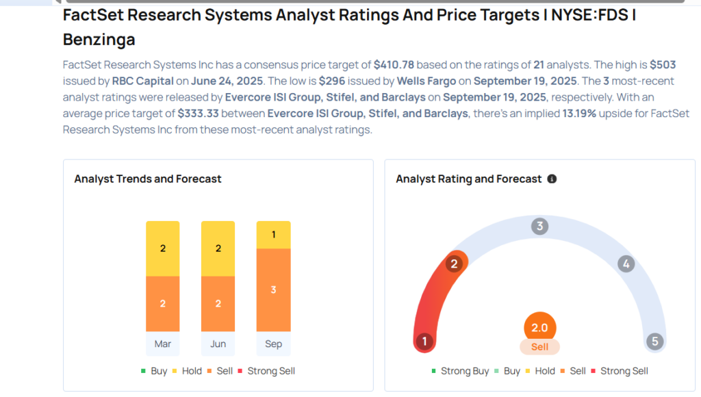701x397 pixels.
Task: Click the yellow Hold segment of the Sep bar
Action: point(273,235)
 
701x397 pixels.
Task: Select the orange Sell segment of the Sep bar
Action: point(273,290)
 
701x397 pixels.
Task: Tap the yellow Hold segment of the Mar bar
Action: point(163,248)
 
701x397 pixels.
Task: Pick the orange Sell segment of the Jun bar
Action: point(218,303)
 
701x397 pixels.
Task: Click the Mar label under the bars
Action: point(163,344)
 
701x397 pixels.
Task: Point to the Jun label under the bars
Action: point(218,344)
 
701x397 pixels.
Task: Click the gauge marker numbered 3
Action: point(539,227)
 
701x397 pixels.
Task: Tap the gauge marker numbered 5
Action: point(654,341)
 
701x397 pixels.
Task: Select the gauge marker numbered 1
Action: point(424,341)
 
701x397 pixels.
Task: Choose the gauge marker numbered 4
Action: point(625,264)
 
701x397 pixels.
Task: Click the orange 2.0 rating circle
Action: point(539,328)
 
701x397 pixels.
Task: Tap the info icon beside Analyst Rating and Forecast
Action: point(552,179)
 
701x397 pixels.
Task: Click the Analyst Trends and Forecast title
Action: point(148,179)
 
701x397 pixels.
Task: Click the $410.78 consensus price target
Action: point(394,65)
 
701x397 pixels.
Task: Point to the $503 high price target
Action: point(662,65)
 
